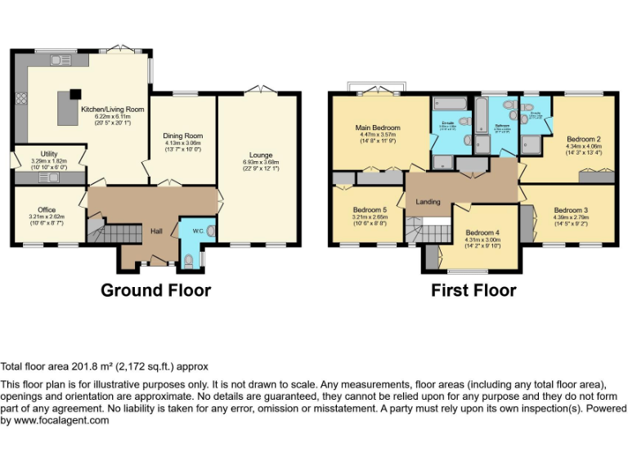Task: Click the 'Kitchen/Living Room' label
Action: [112, 109]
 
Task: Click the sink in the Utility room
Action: [52, 177]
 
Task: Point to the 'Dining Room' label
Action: [182, 136]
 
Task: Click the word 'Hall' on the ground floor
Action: [156, 231]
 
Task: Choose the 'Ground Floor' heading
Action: [155, 290]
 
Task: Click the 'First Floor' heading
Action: [473, 290]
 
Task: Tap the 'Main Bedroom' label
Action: [377, 128]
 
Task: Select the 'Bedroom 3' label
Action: [570, 210]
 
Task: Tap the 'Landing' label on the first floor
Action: [428, 202]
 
